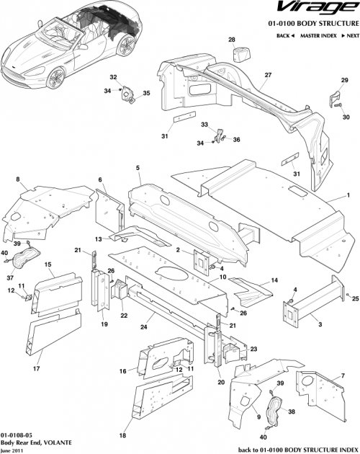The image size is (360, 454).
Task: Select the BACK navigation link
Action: [x=285, y=35]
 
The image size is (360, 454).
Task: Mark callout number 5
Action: [x=137, y=168]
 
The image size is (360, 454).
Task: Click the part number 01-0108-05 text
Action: [x=15, y=437]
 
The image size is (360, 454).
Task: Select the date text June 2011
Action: [x=11, y=450]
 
